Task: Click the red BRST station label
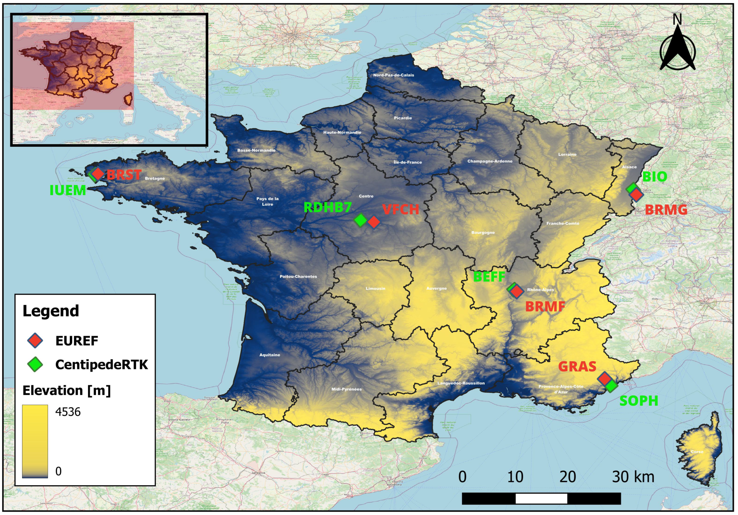point(124,175)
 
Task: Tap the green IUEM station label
point(68,190)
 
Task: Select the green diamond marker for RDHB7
point(361,220)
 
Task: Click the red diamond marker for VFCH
point(374,222)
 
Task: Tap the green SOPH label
point(639,401)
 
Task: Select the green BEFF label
point(489,277)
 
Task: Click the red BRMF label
point(545,307)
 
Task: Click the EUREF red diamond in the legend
point(35,341)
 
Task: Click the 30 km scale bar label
point(633,477)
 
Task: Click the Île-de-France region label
point(408,162)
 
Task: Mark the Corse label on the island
point(697,452)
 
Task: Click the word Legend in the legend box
point(51,311)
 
